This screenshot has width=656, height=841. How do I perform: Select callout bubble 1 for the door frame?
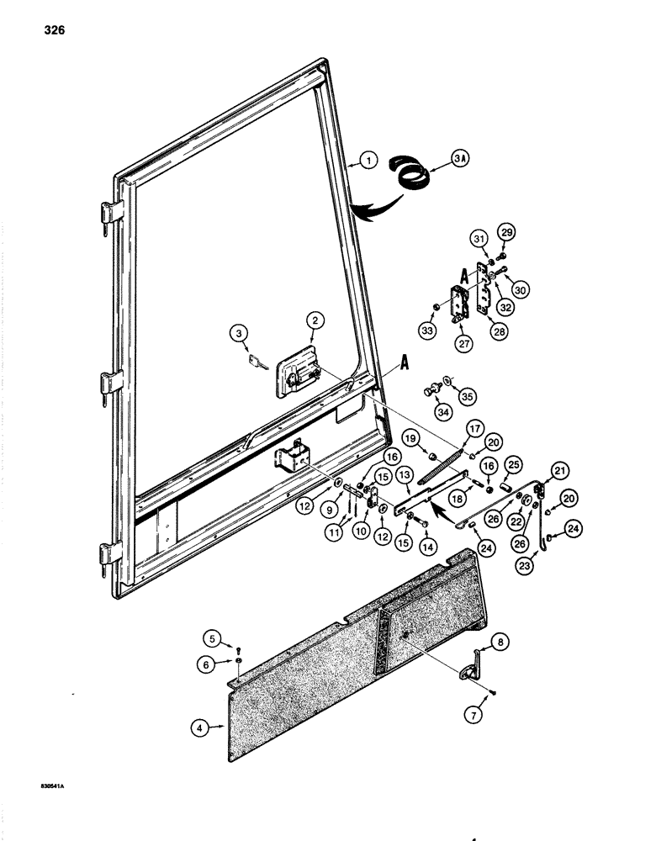click(368, 160)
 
